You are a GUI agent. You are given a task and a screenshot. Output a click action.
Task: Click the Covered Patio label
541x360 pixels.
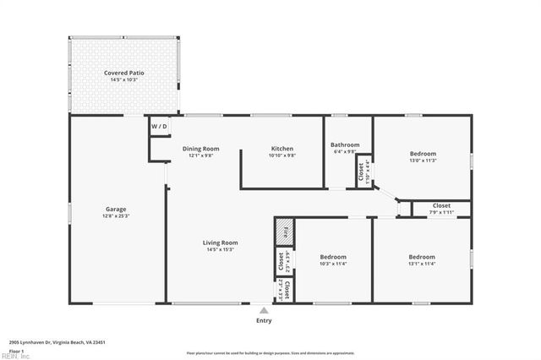124,74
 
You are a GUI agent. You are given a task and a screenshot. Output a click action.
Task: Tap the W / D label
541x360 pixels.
159,127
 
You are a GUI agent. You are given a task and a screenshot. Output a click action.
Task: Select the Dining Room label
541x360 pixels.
200,149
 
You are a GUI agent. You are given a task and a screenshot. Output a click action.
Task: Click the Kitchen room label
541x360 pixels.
281,149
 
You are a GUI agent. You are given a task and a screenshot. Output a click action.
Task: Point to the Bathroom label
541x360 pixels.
345,145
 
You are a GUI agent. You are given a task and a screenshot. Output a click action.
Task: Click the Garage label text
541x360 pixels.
116,209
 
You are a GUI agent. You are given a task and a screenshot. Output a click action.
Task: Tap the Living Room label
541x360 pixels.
220,243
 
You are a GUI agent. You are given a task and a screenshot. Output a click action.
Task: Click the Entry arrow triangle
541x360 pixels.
264,311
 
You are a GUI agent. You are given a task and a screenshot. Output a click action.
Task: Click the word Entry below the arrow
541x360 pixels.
264,321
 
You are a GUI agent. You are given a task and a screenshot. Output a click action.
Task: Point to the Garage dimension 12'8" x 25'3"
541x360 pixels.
116,215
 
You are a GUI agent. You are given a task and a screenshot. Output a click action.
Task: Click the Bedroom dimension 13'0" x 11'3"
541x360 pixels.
423,160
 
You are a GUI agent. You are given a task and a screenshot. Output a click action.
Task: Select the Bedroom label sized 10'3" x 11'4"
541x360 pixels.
332,257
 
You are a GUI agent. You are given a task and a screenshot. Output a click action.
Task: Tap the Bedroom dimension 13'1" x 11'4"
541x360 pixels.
422,263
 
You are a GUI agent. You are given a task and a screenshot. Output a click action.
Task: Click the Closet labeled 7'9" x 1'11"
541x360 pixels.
441,205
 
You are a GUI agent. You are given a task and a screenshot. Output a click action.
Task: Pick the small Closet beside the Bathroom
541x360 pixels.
363,172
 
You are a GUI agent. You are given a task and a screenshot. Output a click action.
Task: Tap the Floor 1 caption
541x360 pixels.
15,350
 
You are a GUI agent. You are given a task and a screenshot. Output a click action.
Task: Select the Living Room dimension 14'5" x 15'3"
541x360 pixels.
220,249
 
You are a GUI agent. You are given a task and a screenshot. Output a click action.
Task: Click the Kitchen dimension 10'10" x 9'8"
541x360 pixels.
281,155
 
